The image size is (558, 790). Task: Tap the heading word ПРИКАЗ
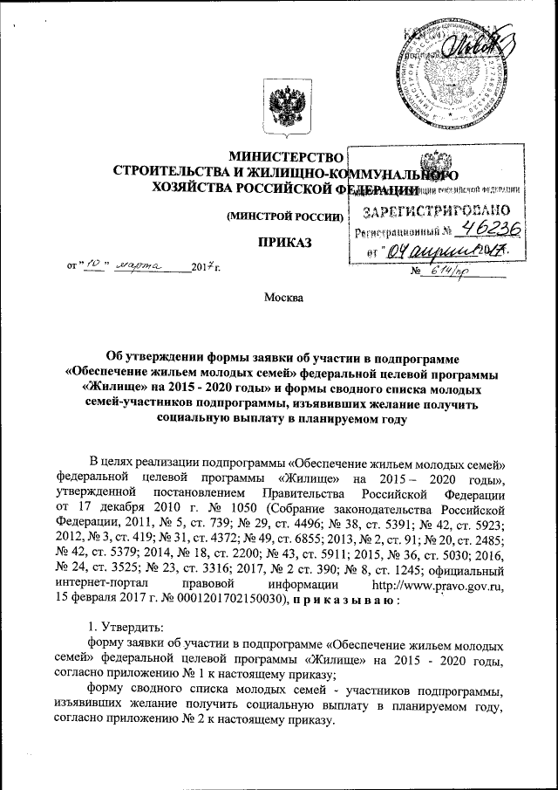point(284,240)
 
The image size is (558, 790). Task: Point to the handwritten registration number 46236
point(491,230)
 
